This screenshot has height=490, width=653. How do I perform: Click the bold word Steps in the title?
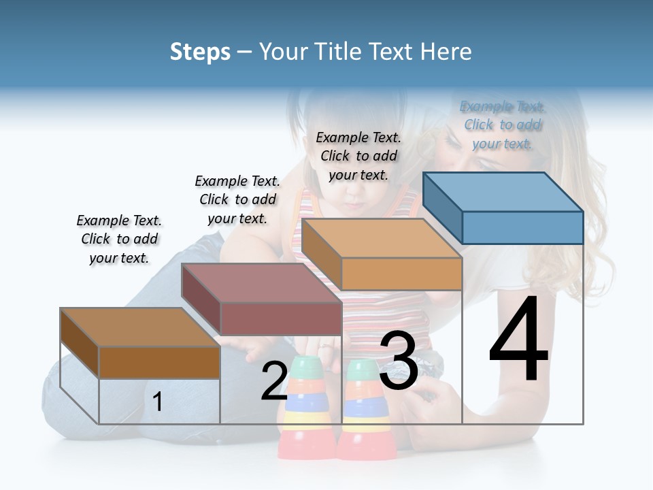(x=200, y=52)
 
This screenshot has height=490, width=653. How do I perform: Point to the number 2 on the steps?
(x=274, y=381)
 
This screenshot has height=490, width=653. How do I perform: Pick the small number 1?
(x=158, y=402)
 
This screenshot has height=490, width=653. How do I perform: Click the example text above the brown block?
(x=119, y=239)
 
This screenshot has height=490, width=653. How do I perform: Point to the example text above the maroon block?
(x=237, y=199)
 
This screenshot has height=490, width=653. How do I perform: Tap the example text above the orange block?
(x=358, y=156)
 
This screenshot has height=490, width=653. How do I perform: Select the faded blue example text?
(x=503, y=125)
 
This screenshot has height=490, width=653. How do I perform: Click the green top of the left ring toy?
(x=307, y=368)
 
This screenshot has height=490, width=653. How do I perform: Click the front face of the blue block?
(x=522, y=227)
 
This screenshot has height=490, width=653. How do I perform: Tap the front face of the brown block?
(x=159, y=362)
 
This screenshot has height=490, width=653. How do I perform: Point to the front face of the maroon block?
(x=280, y=318)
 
